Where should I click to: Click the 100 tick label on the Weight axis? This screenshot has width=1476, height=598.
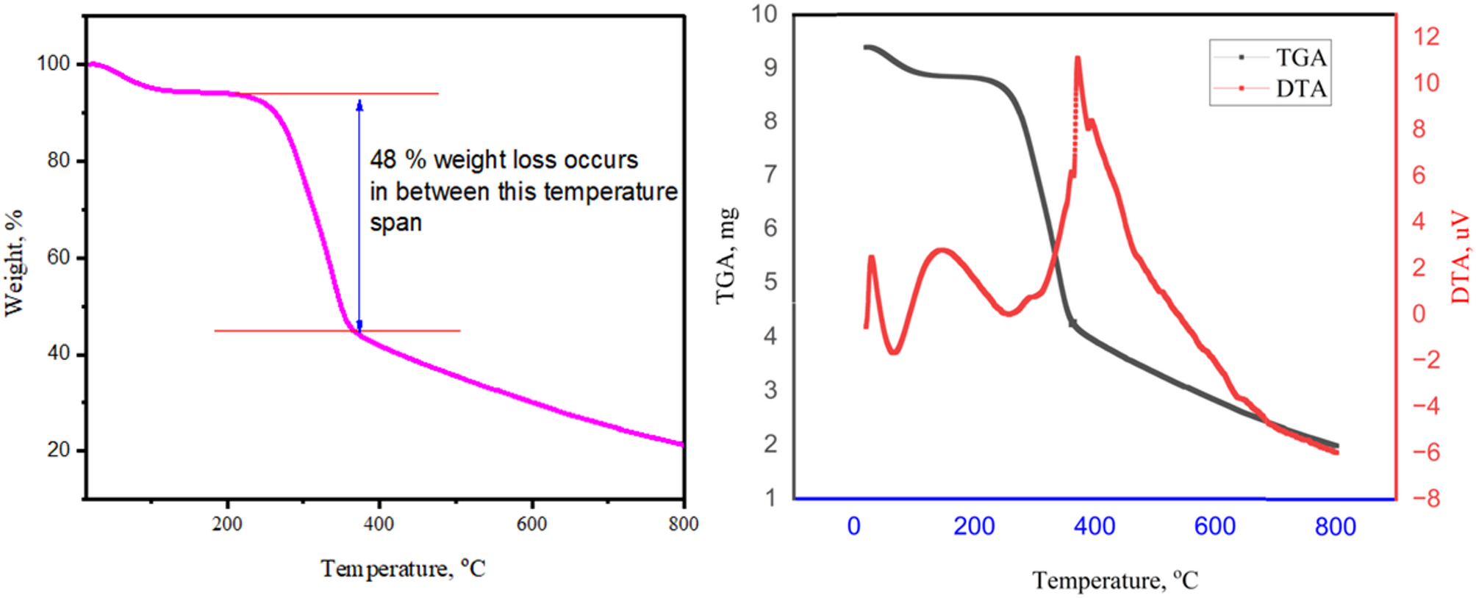pos(53,64)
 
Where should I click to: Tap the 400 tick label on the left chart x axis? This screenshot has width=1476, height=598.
pos(379,524)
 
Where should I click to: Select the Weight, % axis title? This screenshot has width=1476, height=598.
pos(14,263)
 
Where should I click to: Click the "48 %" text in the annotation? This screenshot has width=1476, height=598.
pos(398,159)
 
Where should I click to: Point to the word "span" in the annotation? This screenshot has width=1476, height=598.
pos(395,223)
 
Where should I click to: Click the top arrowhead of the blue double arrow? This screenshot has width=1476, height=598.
pos(359,105)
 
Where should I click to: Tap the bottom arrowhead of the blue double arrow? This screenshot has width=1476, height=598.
pos(359,325)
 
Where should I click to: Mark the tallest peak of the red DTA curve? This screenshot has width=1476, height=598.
pos(1078,58)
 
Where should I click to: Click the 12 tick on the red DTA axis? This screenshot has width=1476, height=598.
pos(1426,37)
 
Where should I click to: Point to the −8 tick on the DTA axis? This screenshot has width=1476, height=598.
pos(1425,499)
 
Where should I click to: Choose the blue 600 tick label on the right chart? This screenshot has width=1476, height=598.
pos(1214,526)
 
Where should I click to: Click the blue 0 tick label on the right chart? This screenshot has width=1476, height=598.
pos(853,526)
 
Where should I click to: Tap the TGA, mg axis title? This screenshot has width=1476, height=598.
pos(726,256)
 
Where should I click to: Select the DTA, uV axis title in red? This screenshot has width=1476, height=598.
pos(1460,257)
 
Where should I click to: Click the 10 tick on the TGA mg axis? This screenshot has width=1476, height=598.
pos(764,14)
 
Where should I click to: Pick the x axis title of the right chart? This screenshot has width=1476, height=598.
pos(1114,580)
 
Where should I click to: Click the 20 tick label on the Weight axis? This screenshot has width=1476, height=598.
pos(58,450)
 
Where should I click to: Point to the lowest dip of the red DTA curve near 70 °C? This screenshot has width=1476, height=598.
pos(894,353)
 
